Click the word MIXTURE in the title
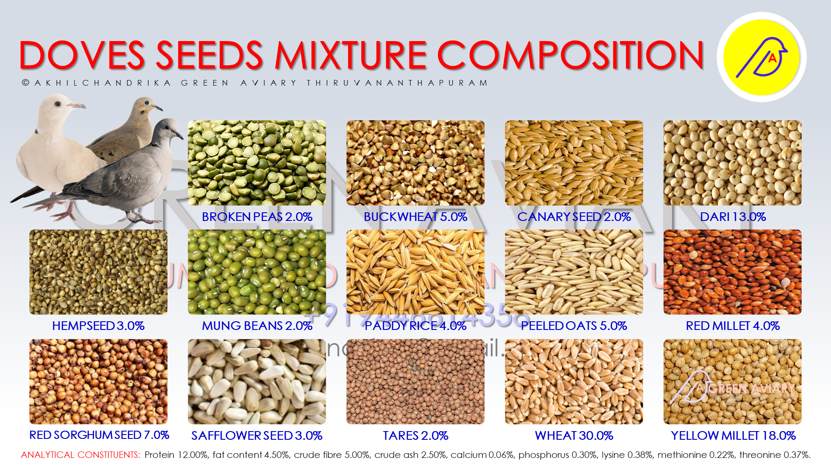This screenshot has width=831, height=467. point(351,55)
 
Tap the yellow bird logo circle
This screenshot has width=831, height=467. point(761,57)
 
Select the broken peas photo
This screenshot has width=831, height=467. point(257,163)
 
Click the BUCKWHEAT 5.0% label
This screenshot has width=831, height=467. point(415,217)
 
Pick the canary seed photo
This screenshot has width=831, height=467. point(574,163)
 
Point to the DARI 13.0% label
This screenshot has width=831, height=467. point(733,217)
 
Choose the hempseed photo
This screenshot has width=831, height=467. point(98,272)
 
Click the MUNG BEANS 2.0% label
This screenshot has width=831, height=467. point(257,326)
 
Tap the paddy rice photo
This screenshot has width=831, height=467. point(415,272)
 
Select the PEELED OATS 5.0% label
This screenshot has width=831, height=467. point(574,326)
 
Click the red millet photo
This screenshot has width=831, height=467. point(732,272)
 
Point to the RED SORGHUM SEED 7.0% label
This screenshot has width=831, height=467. point(99,435)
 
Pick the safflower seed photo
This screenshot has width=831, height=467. point(257,381)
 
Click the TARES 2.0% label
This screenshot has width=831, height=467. point(415,435)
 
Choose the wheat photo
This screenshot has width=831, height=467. point(574,381)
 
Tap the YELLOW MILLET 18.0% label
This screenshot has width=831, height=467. point(733,435)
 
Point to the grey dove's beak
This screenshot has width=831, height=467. point(179,135)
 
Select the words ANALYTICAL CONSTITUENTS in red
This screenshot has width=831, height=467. point(81,455)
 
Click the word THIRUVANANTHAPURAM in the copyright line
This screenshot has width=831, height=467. point(397,83)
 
